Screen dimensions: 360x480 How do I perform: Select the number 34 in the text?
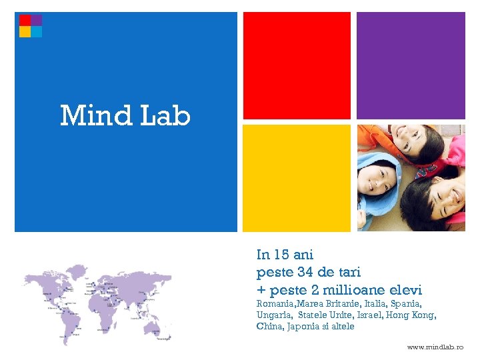point(305,273)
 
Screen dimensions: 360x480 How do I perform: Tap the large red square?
point(297,65)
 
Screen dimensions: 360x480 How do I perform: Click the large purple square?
point(411,65)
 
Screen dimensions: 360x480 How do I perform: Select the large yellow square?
point(297,178)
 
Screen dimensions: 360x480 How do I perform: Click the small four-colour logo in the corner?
point(31,26)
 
